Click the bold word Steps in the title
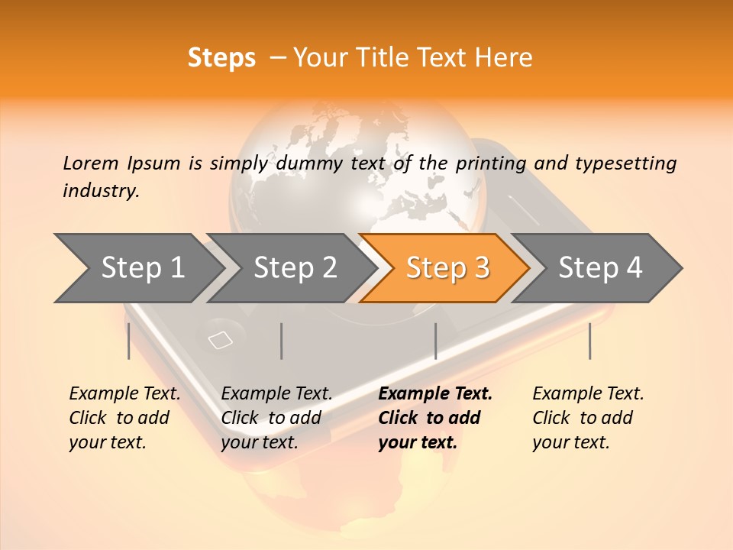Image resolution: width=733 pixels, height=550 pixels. coord(221,58)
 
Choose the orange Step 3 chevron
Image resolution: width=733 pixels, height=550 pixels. coord(447,267)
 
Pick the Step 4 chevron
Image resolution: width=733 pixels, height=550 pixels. coord(600,267)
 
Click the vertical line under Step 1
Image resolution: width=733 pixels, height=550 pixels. coord(129,341)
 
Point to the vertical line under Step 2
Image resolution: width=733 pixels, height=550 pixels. coord(282,341)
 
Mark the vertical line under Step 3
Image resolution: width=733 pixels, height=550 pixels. coord(435,341)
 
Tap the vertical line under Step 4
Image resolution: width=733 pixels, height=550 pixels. coord(590,341)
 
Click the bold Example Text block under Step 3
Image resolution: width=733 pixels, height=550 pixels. coord(435,418)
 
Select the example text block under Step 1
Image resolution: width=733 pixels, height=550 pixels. coord(124,418)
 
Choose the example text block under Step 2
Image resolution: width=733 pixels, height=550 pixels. coord(276,418)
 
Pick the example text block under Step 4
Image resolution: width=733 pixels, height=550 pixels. coord(588,418)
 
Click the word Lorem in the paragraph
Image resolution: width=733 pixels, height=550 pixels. coord(91,163)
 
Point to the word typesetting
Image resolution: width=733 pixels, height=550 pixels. coord(626,163)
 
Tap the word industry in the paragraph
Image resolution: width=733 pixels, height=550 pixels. coord(100,190)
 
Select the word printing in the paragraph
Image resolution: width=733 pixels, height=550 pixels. coord(492,163)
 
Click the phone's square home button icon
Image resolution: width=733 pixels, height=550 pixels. coord(221,340)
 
